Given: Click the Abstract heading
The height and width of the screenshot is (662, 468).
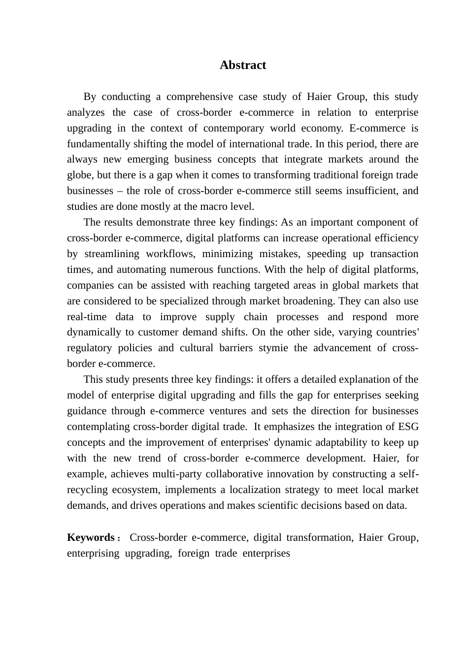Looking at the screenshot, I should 243,65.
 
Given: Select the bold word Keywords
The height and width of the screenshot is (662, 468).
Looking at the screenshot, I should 91,537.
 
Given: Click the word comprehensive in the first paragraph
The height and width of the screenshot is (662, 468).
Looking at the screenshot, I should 199,97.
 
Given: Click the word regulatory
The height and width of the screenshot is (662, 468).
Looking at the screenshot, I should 89,348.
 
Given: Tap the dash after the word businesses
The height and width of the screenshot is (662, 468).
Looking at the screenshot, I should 120,191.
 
